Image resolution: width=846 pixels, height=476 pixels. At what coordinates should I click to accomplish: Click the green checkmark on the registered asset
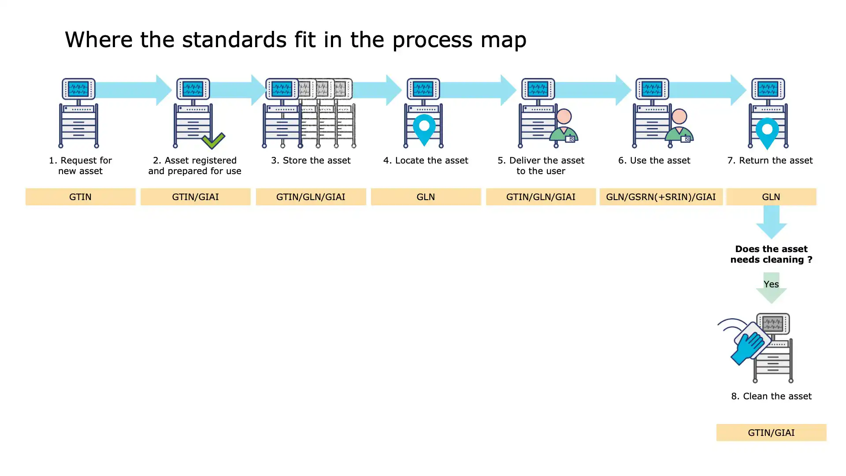pyautogui.click(x=213, y=141)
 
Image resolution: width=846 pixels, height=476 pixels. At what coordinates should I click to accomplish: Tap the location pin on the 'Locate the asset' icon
pyautogui.click(x=424, y=128)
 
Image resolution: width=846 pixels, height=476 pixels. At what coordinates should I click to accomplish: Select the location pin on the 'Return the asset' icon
pyautogui.click(x=767, y=131)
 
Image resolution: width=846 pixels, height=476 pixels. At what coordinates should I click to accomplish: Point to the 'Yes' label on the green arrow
pyautogui.click(x=771, y=284)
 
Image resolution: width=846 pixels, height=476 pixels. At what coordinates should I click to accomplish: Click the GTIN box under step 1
pyautogui.click(x=80, y=197)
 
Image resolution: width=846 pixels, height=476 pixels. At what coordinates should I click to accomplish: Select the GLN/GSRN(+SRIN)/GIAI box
pyautogui.click(x=660, y=197)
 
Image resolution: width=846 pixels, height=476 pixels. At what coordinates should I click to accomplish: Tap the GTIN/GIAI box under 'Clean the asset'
pyautogui.click(x=771, y=433)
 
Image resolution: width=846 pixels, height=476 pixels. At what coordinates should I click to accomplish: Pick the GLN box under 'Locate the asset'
pyautogui.click(x=426, y=197)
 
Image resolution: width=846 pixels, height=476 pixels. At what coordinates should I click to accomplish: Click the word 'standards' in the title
pyautogui.click(x=234, y=40)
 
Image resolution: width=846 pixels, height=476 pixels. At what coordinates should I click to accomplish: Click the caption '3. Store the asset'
pyautogui.click(x=311, y=160)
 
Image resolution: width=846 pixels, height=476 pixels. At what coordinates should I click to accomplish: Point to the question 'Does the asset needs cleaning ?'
pyautogui.click(x=771, y=254)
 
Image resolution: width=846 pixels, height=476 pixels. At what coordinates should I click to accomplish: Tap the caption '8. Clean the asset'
pyautogui.click(x=771, y=396)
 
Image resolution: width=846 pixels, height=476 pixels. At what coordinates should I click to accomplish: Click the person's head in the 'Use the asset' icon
pyautogui.click(x=679, y=116)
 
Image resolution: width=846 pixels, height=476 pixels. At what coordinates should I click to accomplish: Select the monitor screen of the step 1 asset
pyautogui.click(x=78, y=89)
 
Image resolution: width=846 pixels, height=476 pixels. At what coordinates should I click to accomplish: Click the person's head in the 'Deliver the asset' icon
pyautogui.click(x=564, y=116)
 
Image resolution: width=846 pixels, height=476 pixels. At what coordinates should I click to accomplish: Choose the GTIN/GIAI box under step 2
pyautogui.click(x=195, y=197)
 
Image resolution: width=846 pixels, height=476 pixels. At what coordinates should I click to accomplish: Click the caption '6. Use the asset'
pyautogui.click(x=654, y=160)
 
